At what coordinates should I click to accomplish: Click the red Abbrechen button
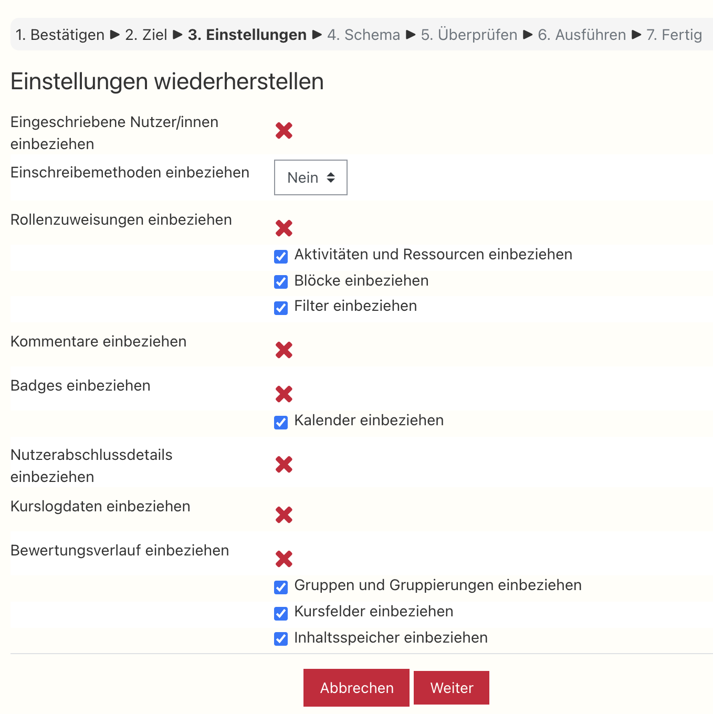[x=356, y=688]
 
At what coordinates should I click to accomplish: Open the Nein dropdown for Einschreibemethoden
[x=311, y=177]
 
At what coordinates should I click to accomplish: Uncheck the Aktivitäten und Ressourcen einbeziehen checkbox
[x=281, y=256]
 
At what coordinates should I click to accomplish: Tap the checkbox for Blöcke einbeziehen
[x=281, y=282]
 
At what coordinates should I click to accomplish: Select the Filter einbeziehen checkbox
[x=281, y=308]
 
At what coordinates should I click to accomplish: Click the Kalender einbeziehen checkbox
[x=281, y=422]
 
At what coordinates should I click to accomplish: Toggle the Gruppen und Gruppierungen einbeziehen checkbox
[x=281, y=587]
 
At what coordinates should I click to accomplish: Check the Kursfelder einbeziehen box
[x=281, y=613]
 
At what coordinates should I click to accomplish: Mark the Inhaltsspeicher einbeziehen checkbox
[x=281, y=639]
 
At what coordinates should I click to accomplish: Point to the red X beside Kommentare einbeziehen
[x=284, y=350]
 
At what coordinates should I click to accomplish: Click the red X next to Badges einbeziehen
[x=284, y=394]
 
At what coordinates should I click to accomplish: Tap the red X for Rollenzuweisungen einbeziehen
[x=284, y=228]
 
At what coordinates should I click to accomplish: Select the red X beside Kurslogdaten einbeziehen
[x=284, y=515]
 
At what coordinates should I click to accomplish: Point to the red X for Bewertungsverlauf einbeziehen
[x=284, y=559]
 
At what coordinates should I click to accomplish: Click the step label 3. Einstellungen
[x=247, y=35]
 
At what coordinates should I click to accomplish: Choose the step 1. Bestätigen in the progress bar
[x=60, y=35]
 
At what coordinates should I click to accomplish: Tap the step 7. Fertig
[x=674, y=35]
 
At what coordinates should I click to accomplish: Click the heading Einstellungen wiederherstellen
[x=167, y=82]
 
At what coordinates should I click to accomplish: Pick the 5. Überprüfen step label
[x=469, y=35]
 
